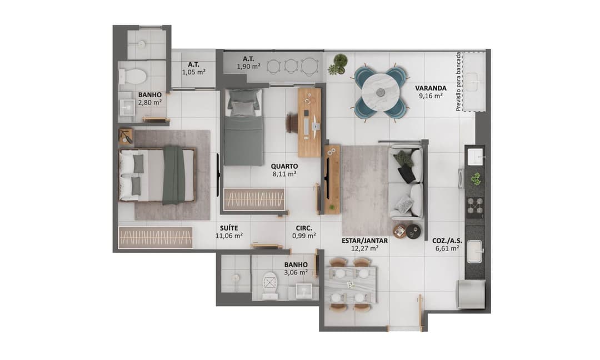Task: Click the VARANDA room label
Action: (431, 88)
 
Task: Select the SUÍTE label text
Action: (229, 228)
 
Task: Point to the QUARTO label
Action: (284, 166)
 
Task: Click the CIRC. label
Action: (304, 228)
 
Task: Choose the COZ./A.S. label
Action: (446, 241)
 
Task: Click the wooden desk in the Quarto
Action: (309, 122)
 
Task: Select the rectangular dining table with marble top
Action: (350, 284)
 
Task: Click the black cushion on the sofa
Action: (407, 174)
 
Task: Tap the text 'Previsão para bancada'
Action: (458, 82)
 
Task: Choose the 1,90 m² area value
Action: (248, 67)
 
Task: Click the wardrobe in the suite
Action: (156, 237)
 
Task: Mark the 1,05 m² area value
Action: (193, 72)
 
